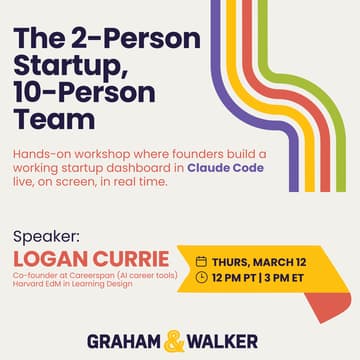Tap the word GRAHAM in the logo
click(121, 329)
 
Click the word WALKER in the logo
click(229, 329)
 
